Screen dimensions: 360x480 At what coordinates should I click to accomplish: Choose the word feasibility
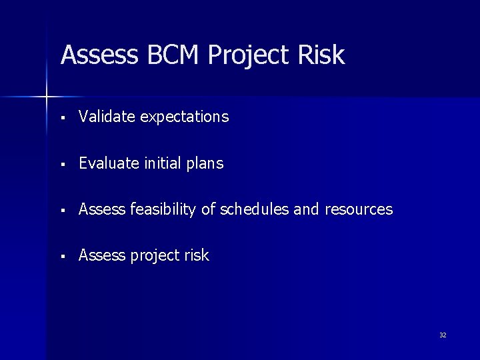click(x=163, y=210)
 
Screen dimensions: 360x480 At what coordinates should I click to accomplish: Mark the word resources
click(x=359, y=210)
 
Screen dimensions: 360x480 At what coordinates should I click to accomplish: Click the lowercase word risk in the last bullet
click(x=195, y=255)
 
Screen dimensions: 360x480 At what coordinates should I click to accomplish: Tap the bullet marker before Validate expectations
click(x=61, y=119)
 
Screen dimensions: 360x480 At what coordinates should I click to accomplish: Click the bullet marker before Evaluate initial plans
click(x=61, y=165)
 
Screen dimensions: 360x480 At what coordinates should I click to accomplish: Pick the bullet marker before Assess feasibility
click(x=61, y=211)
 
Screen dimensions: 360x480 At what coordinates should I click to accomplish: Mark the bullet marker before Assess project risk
click(x=61, y=257)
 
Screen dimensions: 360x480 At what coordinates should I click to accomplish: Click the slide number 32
click(x=443, y=335)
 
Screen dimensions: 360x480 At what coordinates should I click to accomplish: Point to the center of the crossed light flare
click(x=47, y=97)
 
